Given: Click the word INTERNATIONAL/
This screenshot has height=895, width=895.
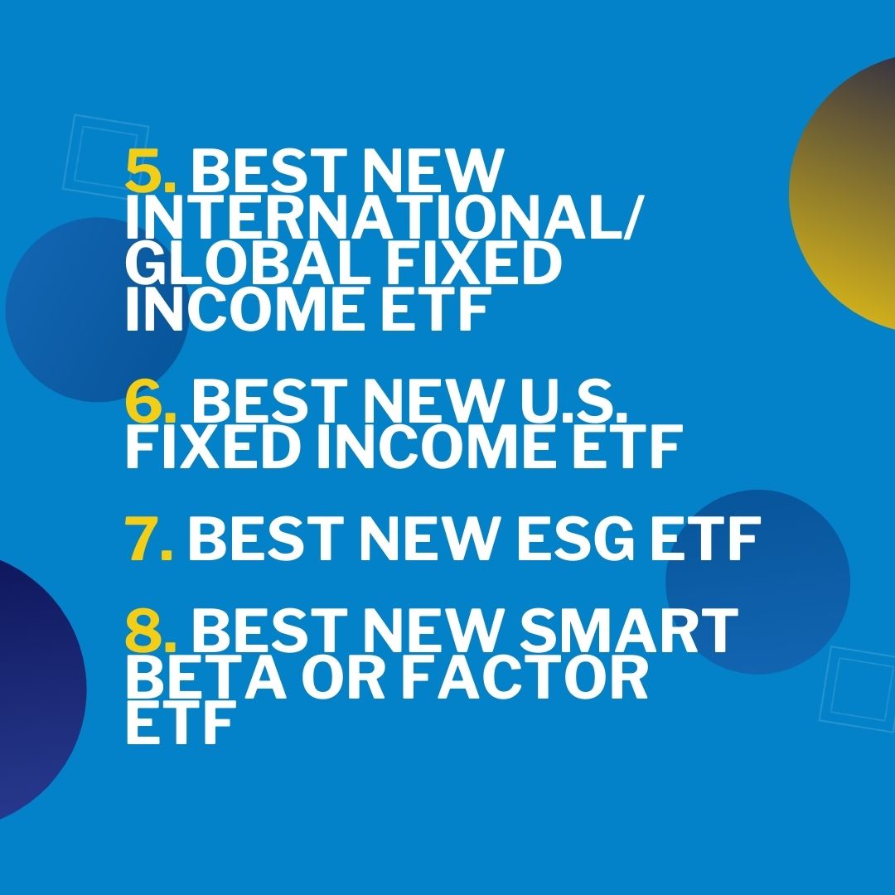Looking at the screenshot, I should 385,218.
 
